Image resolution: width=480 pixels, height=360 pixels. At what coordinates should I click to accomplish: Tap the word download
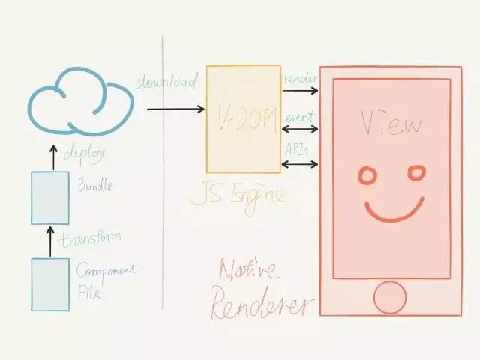coord(166,80)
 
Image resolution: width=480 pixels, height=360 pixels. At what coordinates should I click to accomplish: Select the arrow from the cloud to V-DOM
coord(175,109)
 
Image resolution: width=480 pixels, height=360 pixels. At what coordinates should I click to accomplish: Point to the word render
coord(299,79)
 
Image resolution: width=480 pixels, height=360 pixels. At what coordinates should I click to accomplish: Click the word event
coord(299,117)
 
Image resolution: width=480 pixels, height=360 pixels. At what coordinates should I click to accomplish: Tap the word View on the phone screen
coord(391,122)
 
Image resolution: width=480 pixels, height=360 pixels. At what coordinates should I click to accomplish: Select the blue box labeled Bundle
coord(50,198)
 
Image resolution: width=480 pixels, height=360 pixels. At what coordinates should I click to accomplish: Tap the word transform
coord(91,240)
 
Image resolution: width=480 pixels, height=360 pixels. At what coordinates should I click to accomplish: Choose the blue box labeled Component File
coord(50,284)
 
